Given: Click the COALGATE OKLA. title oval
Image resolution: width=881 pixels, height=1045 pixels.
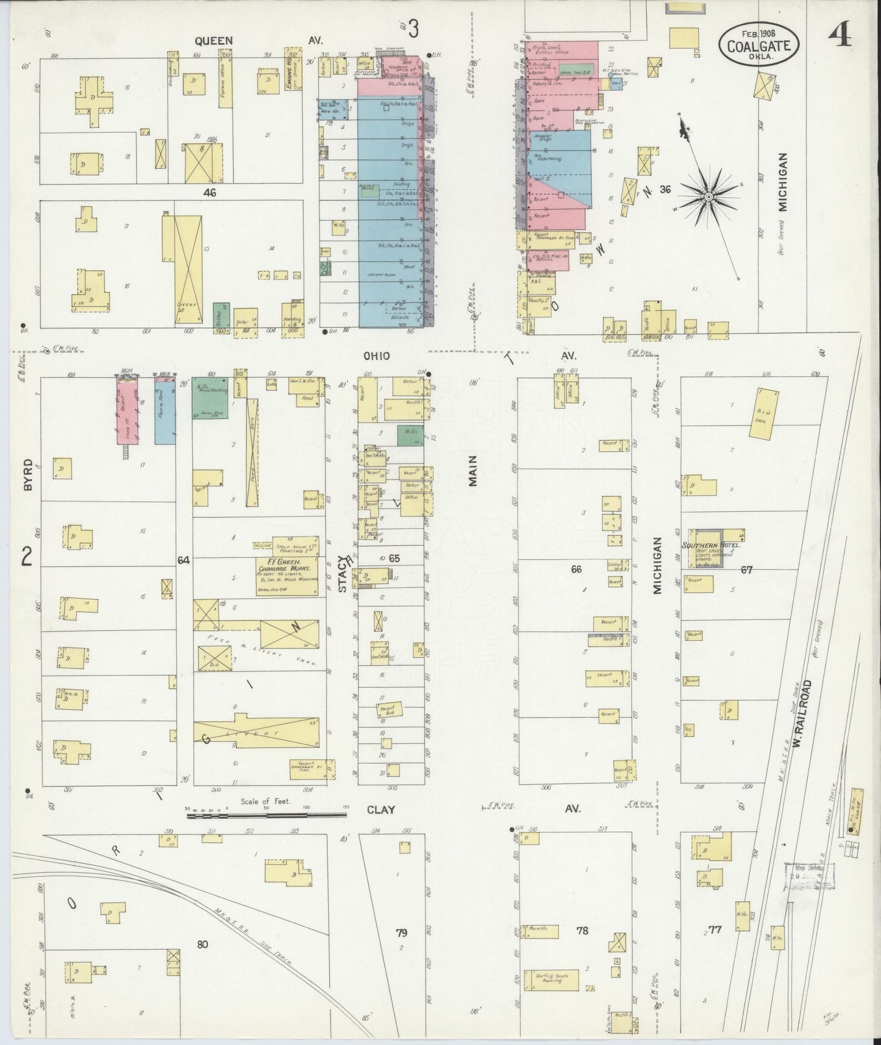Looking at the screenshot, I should pos(758,45).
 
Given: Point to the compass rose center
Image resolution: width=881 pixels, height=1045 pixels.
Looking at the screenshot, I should pos(709,197).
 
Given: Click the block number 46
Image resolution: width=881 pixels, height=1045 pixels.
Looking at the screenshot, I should pos(210,192).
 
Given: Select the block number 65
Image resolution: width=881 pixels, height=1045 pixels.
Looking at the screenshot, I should pos(394,558).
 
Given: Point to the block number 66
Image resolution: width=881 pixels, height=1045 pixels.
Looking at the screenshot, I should pos(576,569).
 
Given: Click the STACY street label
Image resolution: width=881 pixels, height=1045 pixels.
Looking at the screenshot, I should pos(343,575).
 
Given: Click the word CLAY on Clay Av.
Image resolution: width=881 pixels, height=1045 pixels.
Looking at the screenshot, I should pos(380,810).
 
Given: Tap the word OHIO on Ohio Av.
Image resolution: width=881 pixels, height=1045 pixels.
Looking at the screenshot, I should pos(376,355).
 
